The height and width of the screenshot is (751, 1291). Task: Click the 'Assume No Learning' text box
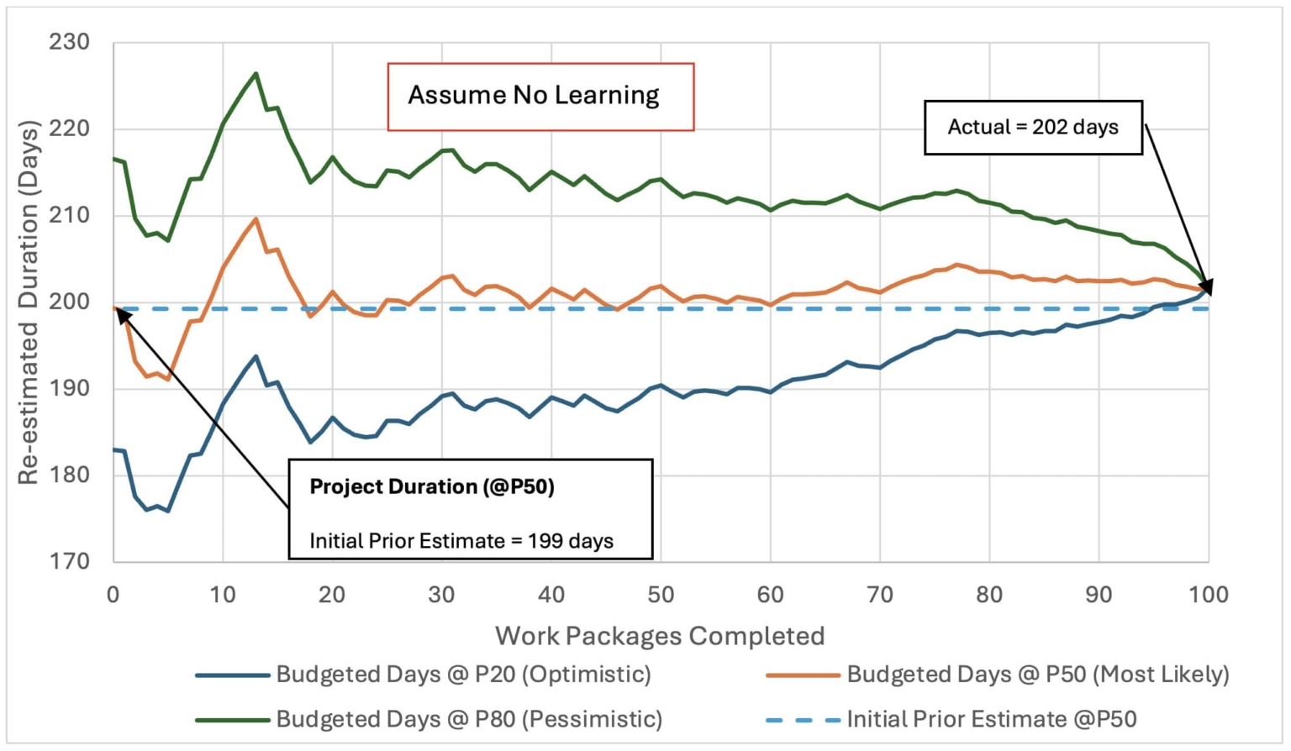[540, 96]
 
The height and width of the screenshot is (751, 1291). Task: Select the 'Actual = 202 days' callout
[1032, 127]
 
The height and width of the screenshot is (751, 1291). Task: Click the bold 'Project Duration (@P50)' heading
[431, 486]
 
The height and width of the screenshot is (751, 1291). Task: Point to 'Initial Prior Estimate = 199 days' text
[461, 540]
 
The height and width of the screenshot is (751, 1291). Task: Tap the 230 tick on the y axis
[69, 41]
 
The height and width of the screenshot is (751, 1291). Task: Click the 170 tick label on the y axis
[69, 560]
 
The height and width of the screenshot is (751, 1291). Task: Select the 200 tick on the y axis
[69, 301]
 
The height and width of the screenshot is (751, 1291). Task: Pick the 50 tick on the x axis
[661, 594]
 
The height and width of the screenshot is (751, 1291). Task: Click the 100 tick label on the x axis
[1208, 594]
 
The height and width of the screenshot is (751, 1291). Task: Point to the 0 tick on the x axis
[113, 594]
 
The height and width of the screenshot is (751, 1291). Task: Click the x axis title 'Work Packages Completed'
[660, 636]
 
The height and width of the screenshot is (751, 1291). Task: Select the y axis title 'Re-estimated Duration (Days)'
[29, 302]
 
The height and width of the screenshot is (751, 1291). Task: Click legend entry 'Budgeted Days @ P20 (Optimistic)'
[463, 674]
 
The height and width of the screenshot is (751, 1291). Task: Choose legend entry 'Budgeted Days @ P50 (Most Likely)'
[1037, 674]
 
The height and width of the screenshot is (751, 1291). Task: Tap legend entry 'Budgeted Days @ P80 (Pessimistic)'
[469, 719]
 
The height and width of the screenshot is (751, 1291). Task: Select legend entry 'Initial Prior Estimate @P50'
[991, 719]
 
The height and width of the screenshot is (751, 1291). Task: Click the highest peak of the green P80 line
[256, 73]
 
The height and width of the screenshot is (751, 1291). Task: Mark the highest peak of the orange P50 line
[256, 218]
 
